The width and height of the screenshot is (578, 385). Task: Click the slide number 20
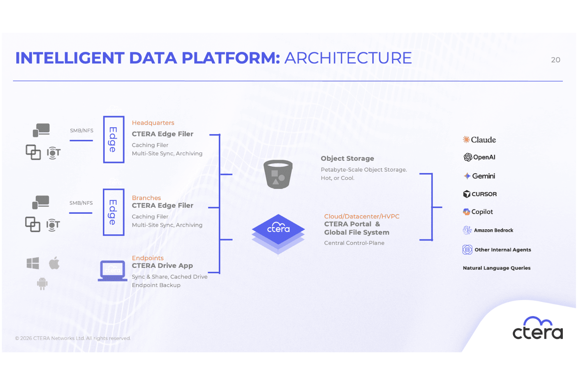click(556, 60)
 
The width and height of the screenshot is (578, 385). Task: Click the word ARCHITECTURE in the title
click(348, 58)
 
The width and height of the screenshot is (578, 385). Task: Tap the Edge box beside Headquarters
click(113, 140)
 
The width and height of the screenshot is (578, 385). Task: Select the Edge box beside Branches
click(113, 212)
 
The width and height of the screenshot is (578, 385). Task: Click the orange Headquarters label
click(153, 123)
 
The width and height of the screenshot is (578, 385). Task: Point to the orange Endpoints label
click(148, 258)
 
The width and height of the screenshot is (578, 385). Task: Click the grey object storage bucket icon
click(278, 174)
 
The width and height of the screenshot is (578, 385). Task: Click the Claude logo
click(479, 140)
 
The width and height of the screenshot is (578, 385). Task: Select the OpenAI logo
click(479, 157)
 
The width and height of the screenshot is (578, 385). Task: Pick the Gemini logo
click(479, 176)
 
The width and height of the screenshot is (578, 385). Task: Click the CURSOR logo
click(480, 194)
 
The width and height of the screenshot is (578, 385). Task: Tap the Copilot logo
click(478, 212)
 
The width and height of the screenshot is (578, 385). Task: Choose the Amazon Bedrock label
click(494, 230)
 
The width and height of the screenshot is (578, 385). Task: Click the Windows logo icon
click(33, 263)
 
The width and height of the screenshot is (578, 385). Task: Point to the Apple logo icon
click(54, 263)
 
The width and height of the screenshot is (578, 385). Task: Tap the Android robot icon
click(42, 284)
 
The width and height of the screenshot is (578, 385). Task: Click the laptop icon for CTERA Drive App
click(113, 271)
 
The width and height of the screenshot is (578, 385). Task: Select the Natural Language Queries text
click(496, 268)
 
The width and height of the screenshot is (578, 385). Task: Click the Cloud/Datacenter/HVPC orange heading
click(361, 216)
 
